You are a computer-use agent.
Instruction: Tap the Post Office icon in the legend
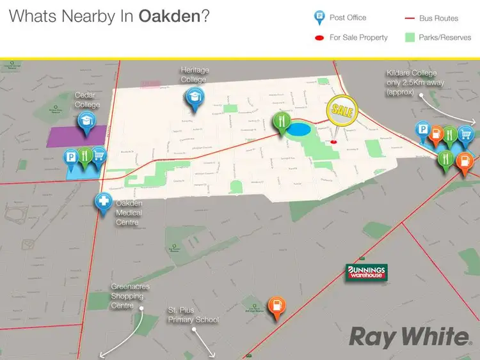point(318,18)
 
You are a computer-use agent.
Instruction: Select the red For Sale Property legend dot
point(318,38)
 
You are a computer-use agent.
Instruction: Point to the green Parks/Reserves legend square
point(410,37)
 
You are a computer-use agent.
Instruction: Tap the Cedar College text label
point(87,100)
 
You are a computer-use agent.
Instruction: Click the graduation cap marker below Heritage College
point(193,97)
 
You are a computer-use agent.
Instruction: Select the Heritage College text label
point(195,74)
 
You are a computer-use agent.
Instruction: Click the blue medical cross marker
point(103,202)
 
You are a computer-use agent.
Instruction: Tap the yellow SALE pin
point(339,110)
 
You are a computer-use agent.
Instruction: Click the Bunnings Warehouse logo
point(366,272)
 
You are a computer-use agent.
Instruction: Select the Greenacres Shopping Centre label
point(131,296)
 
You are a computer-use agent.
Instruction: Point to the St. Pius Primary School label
point(193,315)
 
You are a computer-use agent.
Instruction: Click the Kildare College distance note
point(410,83)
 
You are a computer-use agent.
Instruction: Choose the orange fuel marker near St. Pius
point(276,306)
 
